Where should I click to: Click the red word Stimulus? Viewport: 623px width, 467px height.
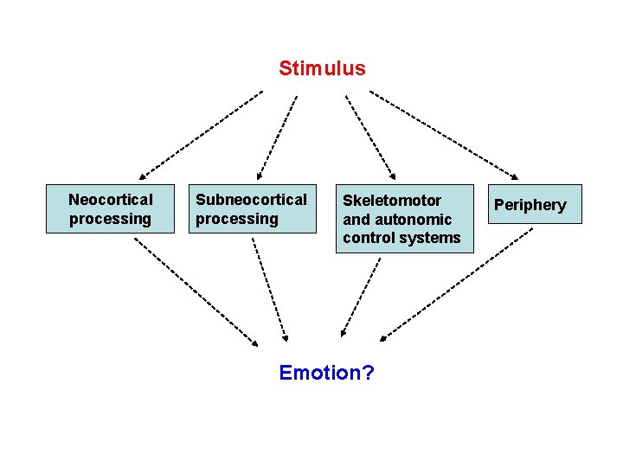[x=322, y=68]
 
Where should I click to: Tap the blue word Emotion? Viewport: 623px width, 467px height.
[x=326, y=373]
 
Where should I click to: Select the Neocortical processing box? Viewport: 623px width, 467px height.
[x=110, y=208]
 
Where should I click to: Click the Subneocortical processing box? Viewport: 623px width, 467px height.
[x=251, y=208]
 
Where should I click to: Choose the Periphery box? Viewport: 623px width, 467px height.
[x=530, y=205]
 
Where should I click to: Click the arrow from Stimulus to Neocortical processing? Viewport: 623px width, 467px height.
[x=201, y=134]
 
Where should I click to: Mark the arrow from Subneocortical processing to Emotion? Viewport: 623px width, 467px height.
[x=270, y=291]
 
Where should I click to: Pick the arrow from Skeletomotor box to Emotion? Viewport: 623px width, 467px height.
[x=361, y=297]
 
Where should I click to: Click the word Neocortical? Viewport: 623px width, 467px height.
[x=110, y=200]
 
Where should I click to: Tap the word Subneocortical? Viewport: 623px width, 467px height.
[x=251, y=200]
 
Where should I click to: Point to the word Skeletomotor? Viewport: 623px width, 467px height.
[x=392, y=200]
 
